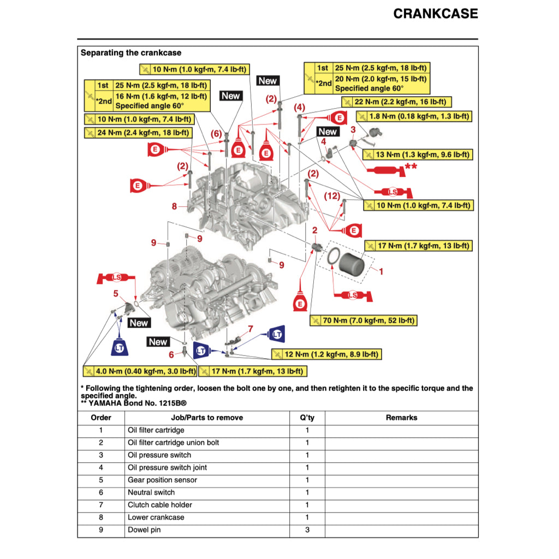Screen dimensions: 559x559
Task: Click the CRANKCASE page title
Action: (435, 14)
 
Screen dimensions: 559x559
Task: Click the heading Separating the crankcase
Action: (131, 53)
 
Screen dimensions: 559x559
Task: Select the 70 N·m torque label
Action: (363, 320)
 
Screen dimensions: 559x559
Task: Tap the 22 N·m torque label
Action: (396, 102)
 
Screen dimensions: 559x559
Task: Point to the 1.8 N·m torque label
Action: (414, 116)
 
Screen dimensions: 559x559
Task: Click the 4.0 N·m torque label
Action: (140, 371)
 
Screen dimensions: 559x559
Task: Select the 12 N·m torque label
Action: (326, 354)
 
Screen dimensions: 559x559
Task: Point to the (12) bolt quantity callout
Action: (332, 195)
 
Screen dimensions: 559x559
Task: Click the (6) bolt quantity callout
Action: (216, 134)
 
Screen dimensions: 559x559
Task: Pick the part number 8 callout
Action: (174, 206)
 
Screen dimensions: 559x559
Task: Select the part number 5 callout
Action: (116, 294)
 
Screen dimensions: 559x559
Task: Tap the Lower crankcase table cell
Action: (156, 517)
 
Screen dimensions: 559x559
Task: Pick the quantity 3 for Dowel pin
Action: (307, 530)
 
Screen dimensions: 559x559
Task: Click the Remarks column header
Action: (401, 418)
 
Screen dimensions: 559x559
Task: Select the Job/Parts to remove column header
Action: (207, 418)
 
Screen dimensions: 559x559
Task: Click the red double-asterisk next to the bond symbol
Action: (411, 166)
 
